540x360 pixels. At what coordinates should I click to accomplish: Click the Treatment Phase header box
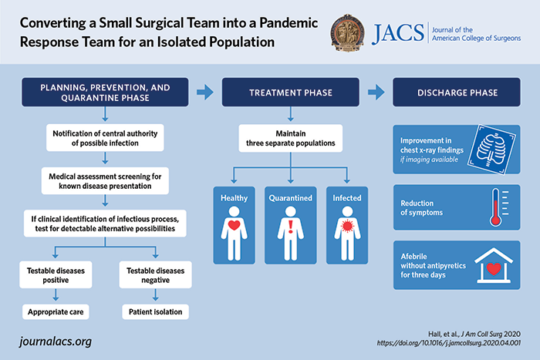point(290,93)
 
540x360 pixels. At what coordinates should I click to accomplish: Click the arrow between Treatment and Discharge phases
point(377,93)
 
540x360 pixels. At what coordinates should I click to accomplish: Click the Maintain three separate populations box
point(290,138)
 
